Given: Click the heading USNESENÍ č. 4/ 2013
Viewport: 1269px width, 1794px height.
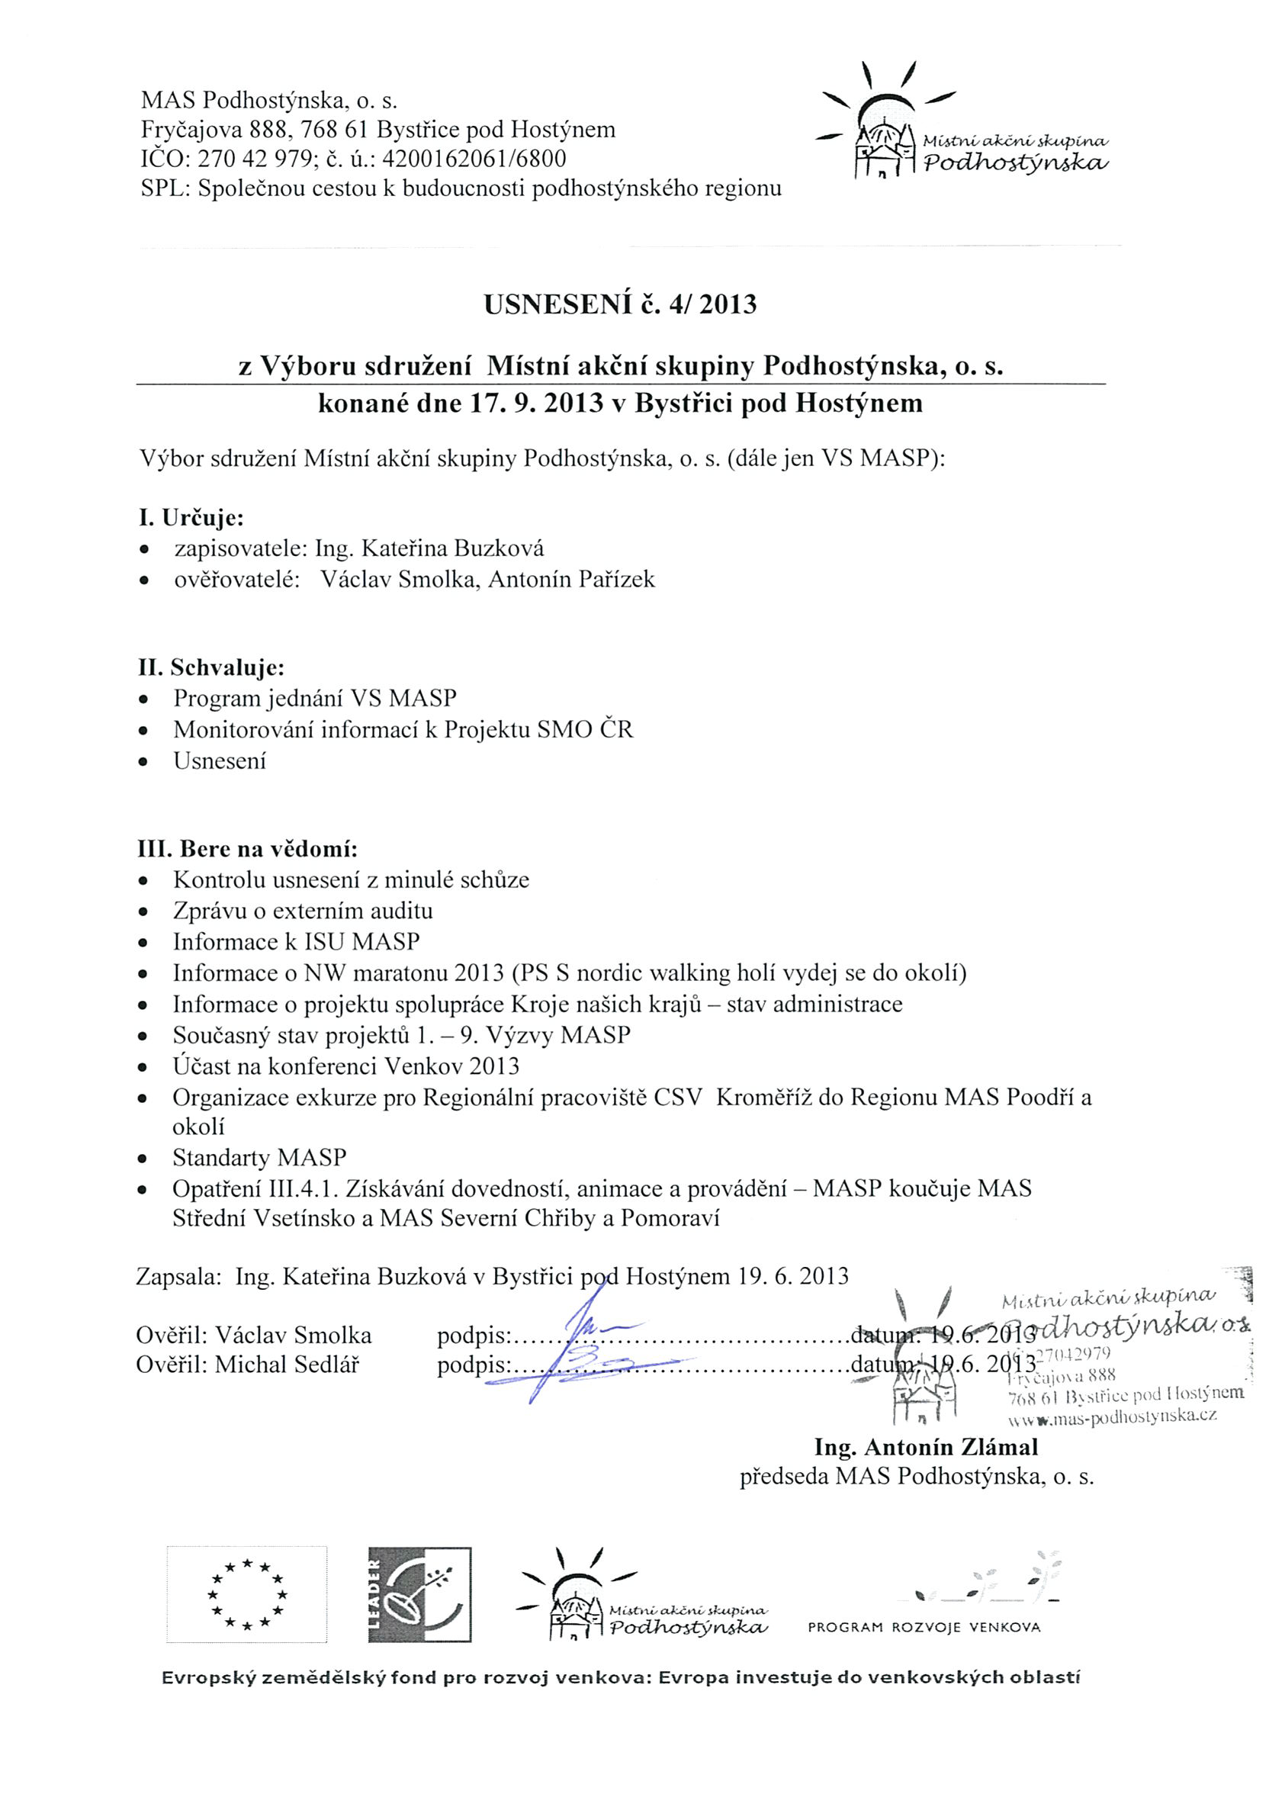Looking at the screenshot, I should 621,304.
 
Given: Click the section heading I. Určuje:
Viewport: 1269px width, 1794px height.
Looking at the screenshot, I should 191,518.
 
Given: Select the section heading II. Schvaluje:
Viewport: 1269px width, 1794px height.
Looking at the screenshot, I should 211,668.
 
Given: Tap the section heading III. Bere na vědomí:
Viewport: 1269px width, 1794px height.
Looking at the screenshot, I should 248,850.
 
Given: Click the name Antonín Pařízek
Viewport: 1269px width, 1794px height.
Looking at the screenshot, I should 571,580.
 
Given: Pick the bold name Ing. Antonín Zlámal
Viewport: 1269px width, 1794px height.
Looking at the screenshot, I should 926,1448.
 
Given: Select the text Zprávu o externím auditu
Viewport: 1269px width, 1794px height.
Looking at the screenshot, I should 303,911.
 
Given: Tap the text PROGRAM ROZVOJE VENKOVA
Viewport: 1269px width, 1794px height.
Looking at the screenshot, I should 924,1628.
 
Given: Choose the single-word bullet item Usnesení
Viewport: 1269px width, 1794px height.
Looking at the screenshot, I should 220,761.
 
